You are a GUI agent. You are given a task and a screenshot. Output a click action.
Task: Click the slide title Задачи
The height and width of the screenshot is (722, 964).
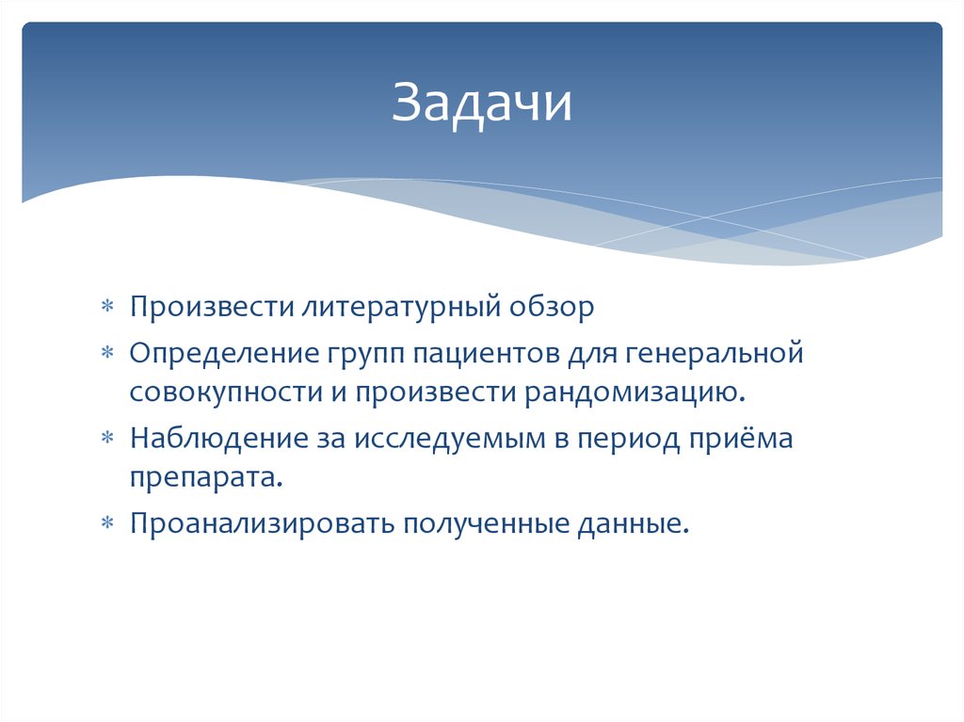point(482,104)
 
